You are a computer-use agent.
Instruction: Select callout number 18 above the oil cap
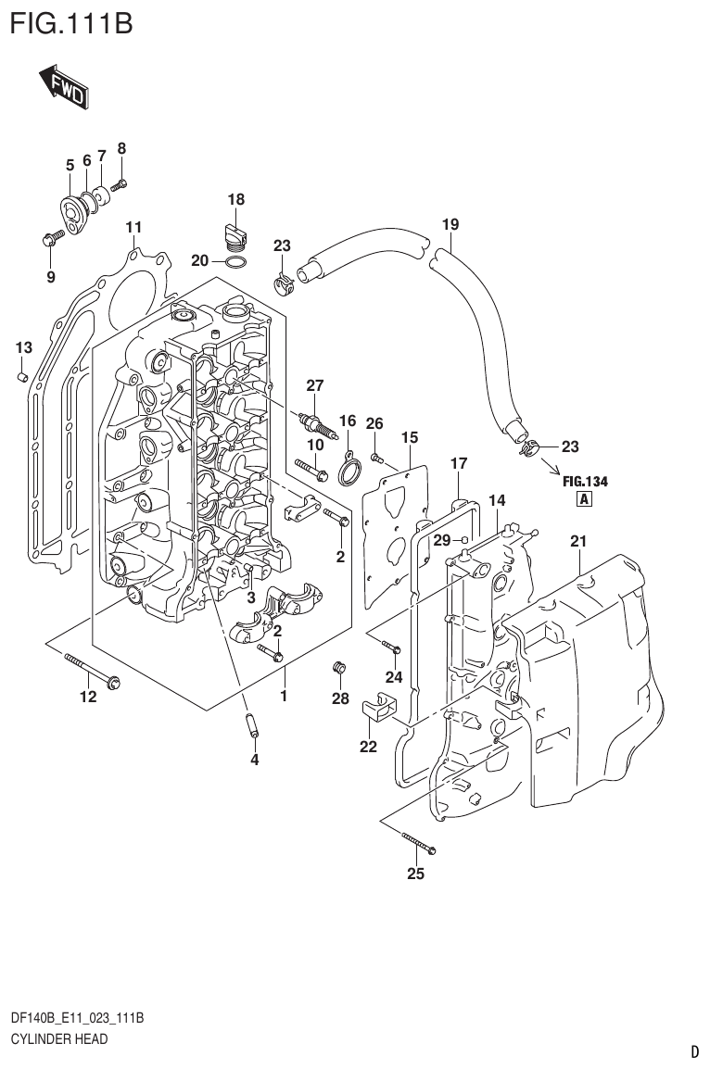point(236,199)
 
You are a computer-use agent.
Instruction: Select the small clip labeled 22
point(376,710)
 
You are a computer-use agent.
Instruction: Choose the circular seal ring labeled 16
point(349,470)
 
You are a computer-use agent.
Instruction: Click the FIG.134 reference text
point(585,481)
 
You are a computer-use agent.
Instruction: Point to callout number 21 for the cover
point(578,541)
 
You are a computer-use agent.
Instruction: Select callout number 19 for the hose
point(450,224)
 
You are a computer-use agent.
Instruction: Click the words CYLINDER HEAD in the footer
point(58,1039)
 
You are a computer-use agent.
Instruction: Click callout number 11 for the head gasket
point(133,227)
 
